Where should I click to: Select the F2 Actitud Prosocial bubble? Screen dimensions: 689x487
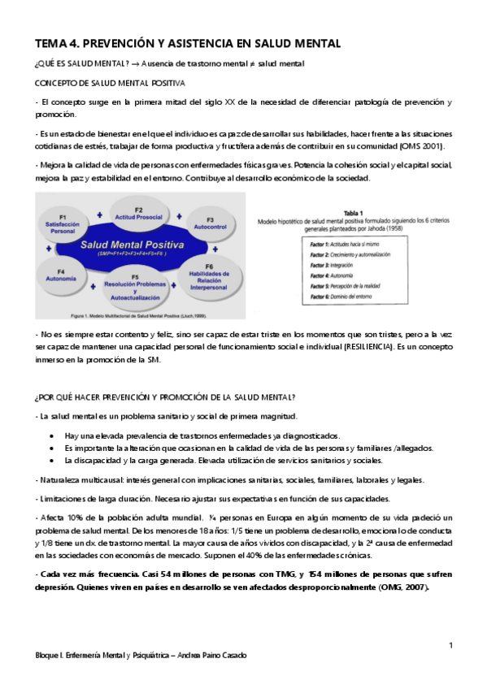tap(138, 214)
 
